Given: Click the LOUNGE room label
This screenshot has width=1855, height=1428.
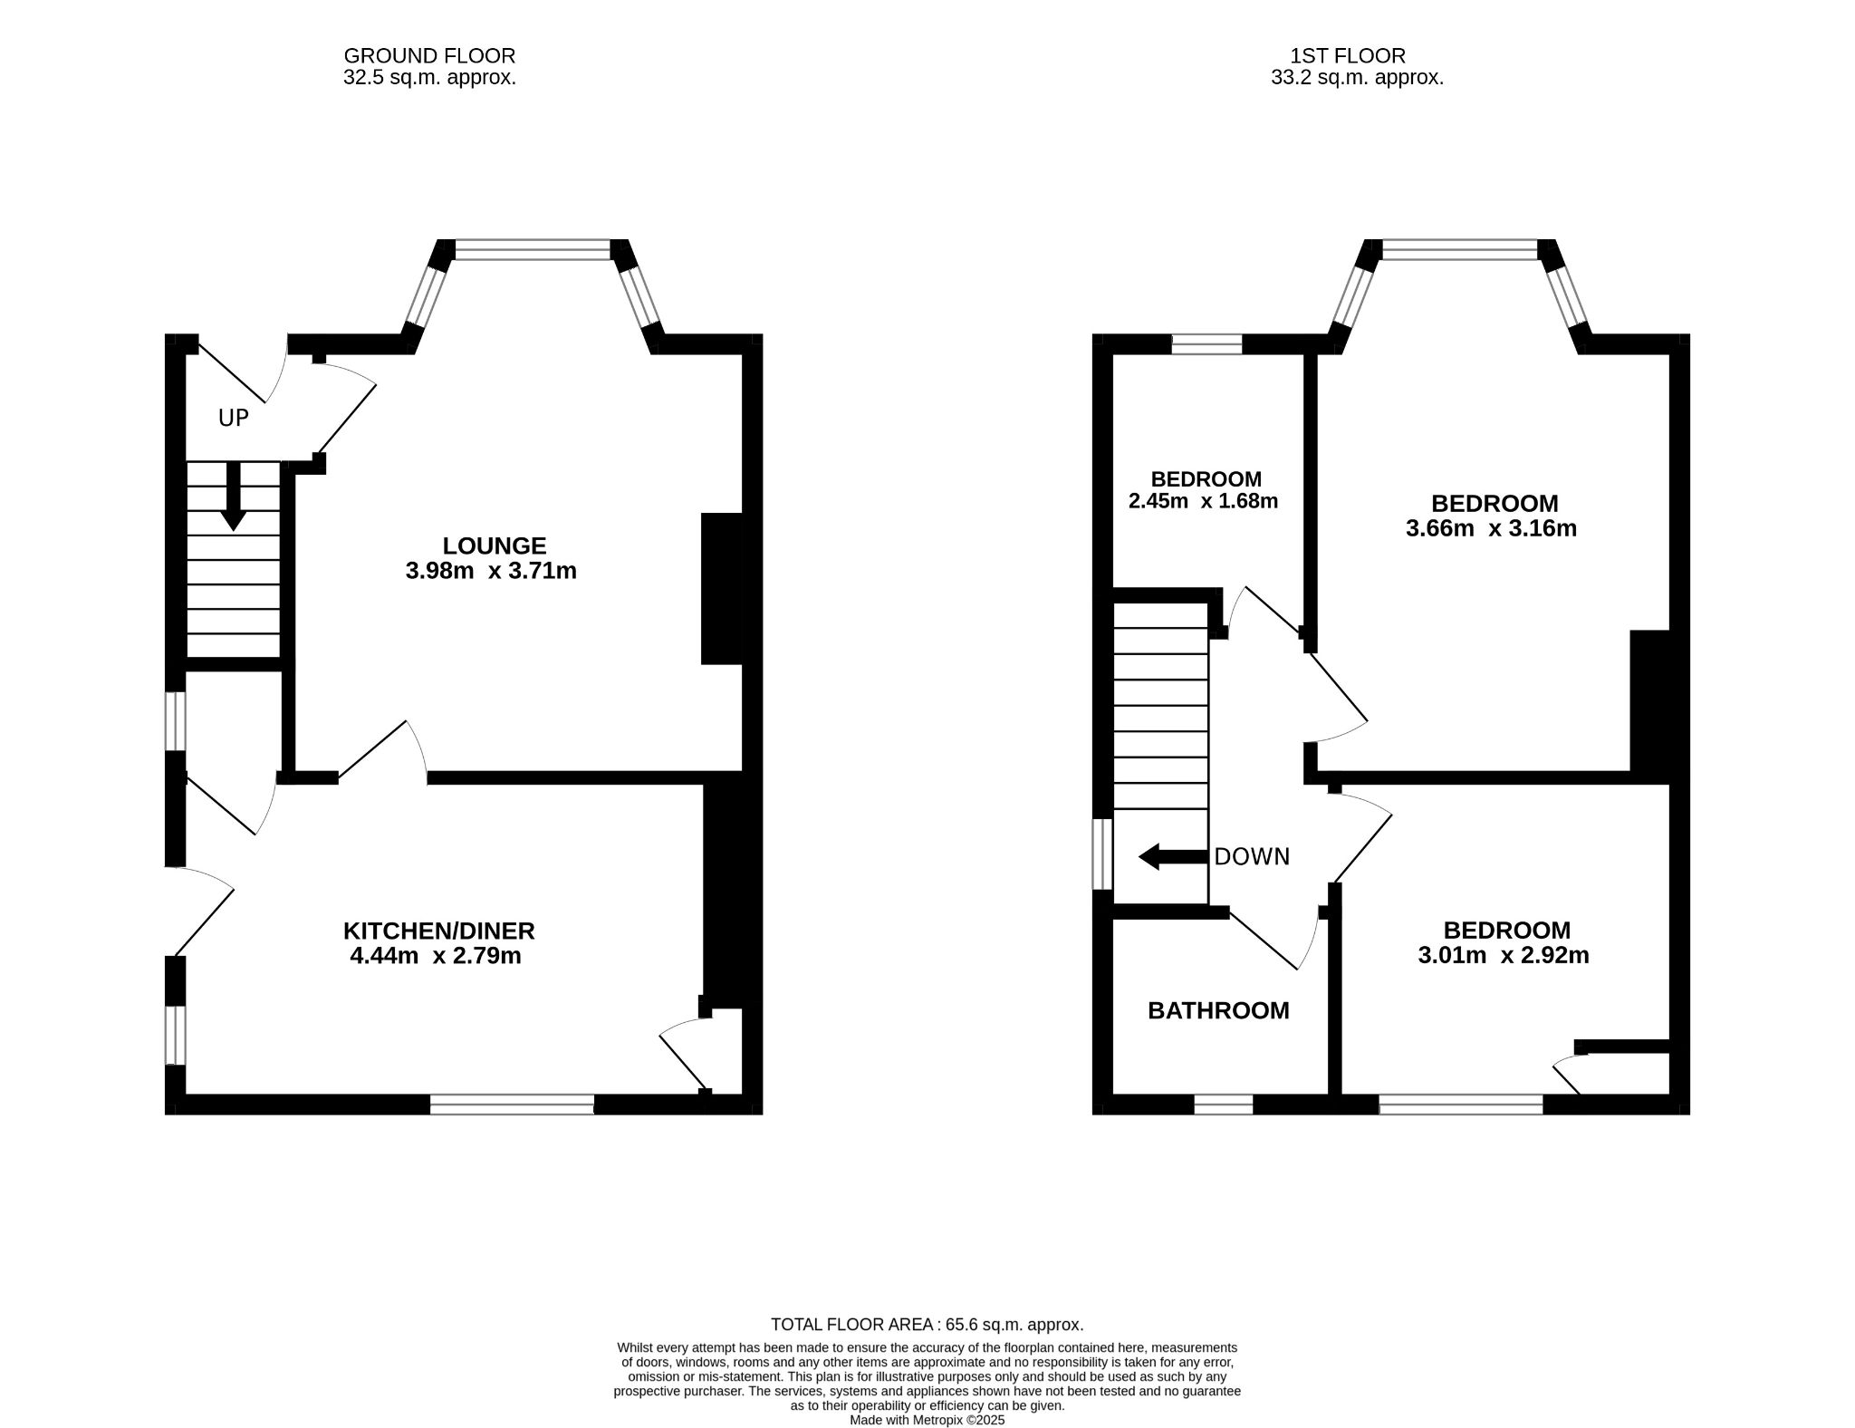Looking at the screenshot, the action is coord(495,545).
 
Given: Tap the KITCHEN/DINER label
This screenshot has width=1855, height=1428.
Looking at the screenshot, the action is coord(439,931).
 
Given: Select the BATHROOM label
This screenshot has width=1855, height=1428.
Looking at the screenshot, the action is coord(1218,1010).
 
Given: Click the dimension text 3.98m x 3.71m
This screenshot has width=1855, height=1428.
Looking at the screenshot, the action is coord(491,571).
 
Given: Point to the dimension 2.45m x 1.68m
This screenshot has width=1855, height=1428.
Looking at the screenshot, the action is coord(1203,500).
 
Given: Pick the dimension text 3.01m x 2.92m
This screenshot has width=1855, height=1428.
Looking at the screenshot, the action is coord(1504,955).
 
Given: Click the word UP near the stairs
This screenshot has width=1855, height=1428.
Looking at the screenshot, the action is coord(234,418).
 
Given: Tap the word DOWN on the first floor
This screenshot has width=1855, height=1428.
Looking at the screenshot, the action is coord(1252,856).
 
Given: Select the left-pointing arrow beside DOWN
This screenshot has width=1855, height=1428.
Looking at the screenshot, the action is coord(1173,856).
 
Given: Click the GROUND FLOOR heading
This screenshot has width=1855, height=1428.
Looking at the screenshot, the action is coord(429,56).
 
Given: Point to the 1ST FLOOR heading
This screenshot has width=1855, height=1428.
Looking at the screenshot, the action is coord(1348,56).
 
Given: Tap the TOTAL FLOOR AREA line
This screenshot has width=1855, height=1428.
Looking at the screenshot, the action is coord(927,1324).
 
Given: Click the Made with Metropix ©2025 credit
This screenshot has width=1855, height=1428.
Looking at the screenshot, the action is coord(927,1420).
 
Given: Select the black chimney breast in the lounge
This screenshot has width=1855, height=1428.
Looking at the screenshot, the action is coord(722,589).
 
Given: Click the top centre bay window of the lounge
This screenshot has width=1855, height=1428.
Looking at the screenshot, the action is coord(533,249).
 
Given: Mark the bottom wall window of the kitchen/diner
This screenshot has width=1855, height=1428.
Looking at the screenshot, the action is coord(512,1105).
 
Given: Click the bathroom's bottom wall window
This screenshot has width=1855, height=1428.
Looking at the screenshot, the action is coord(1224,1105).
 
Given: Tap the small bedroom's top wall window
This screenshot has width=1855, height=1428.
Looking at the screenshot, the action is coord(1206,344).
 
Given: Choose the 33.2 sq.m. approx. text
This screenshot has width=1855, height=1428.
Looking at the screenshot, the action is coord(1357,78).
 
